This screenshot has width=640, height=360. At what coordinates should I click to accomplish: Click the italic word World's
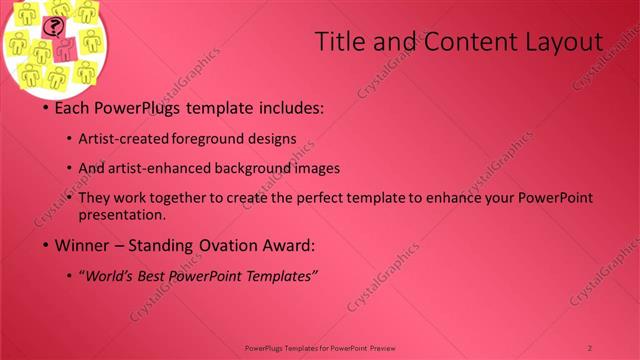(x=110, y=275)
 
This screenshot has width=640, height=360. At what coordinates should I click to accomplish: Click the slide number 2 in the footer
(x=590, y=347)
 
